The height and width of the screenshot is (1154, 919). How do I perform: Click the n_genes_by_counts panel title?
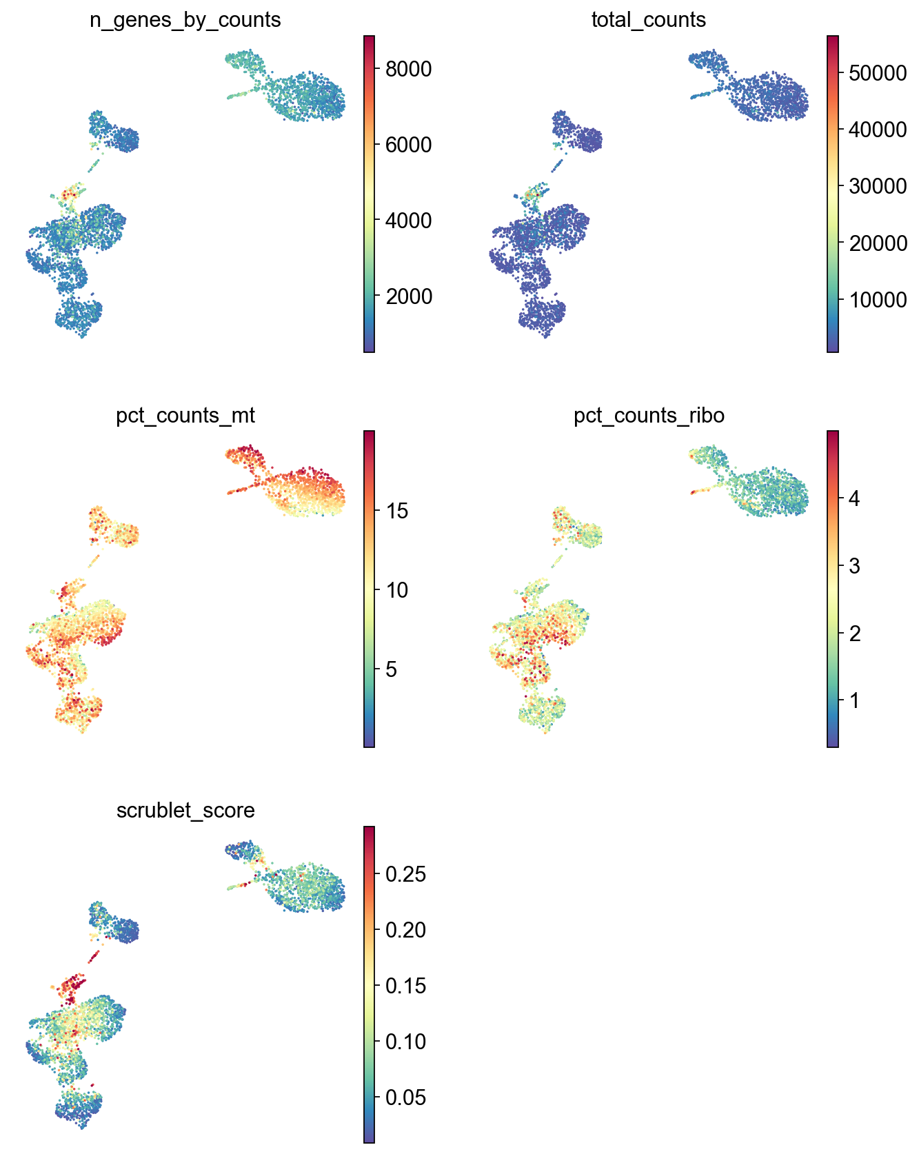pos(185,20)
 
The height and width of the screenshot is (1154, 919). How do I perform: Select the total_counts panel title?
pos(649,20)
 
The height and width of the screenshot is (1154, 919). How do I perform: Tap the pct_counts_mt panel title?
pos(185,416)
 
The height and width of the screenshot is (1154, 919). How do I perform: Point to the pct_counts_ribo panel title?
pos(649,416)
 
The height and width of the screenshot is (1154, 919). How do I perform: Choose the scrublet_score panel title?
pos(185,810)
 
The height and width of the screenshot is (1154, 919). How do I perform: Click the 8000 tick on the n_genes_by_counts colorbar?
pos(408,69)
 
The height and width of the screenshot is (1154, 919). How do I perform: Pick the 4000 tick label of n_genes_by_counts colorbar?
pos(408,221)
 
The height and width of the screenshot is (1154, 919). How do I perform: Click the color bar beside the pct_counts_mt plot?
pos(370,589)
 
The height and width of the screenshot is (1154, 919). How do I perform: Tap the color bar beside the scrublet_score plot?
pos(370,984)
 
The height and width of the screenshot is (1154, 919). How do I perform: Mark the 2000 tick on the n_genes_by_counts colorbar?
pos(408,296)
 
